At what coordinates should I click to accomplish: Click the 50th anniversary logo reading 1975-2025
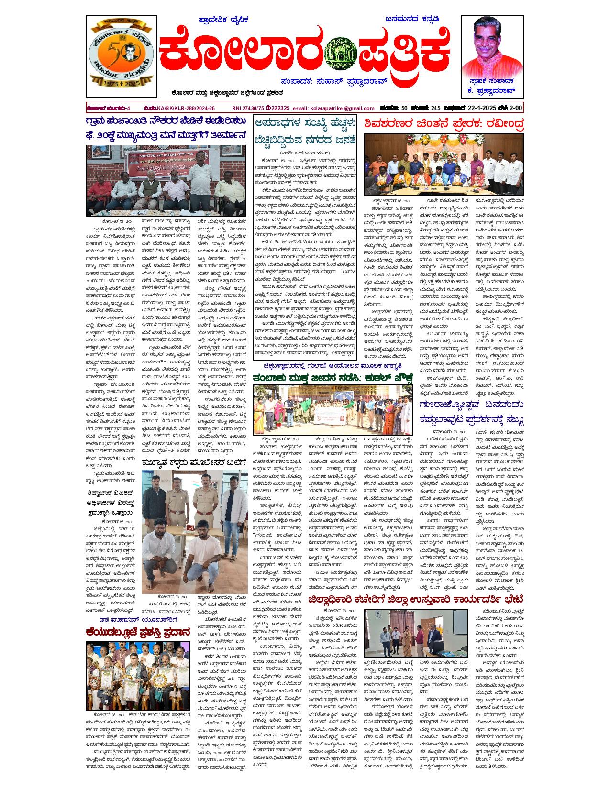click(x=121, y=56)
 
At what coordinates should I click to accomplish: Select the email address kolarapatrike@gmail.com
click(x=333, y=108)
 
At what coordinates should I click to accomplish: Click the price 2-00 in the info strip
click(x=514, y=108)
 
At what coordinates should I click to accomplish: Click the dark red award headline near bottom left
click(x=138, y=632)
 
